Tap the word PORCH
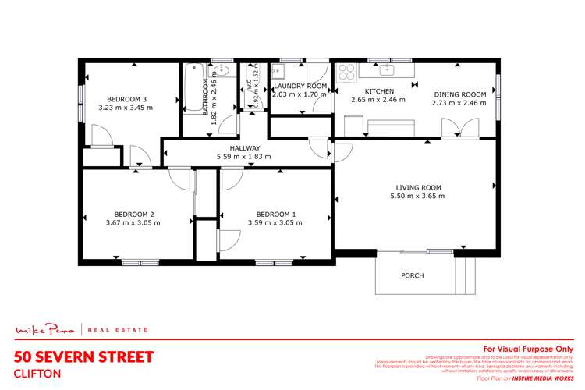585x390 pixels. pos(412,276)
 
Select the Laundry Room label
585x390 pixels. pos(300,85)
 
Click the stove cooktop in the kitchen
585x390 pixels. pos(347,71)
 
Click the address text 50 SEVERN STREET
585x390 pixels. pos(84,356)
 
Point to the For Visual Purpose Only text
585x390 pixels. pos(529,349)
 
